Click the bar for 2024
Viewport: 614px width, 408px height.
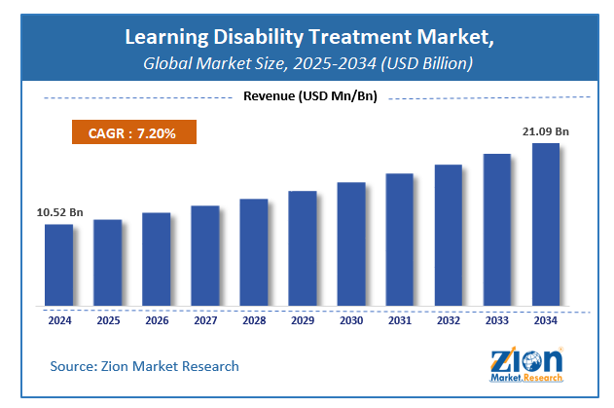click(58, 265)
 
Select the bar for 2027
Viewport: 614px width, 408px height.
click(204, 256)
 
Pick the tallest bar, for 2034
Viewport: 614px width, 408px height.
click(545, 224)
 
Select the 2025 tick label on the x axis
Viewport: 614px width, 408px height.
click(107, 318)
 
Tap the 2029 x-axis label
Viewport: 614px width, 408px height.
click(302, 318)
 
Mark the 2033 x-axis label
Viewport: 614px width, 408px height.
click(496, 318)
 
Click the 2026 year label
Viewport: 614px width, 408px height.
click(156, 318)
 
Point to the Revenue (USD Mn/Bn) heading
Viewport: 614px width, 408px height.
click(307, 95)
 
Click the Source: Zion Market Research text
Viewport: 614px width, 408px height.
click(145, 366)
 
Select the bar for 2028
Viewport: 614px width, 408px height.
click(253, 252)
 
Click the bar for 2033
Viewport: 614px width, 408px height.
click(496, 230)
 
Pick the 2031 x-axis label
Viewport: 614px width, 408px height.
click(399, 318)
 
